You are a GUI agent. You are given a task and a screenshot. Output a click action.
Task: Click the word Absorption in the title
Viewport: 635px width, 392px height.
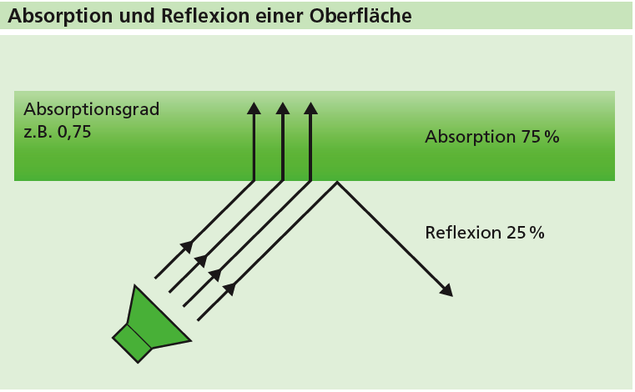tap(53, 16)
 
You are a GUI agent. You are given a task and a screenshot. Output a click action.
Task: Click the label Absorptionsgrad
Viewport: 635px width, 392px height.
tap(91, 109)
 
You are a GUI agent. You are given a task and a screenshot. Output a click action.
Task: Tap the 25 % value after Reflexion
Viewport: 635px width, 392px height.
tap(525, 233)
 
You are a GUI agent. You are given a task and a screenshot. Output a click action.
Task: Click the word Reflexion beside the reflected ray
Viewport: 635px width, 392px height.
tap(463, 233)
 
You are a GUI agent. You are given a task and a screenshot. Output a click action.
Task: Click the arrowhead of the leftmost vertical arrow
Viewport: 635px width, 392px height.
tap(255, 108)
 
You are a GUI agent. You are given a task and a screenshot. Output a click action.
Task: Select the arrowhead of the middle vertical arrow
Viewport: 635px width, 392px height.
tap(283, 108)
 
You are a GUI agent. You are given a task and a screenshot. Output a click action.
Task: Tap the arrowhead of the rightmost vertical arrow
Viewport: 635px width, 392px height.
tap(311, 108)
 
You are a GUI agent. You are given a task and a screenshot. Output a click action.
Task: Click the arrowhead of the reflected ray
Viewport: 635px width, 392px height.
tap(447, 290)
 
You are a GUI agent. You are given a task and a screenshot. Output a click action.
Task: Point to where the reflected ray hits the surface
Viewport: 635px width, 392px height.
tap(337, 182)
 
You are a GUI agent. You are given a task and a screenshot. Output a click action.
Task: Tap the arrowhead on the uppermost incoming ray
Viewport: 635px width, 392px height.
tap(188, 246)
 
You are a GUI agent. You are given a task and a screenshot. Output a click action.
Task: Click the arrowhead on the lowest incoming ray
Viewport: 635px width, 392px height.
tap(229, 289)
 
